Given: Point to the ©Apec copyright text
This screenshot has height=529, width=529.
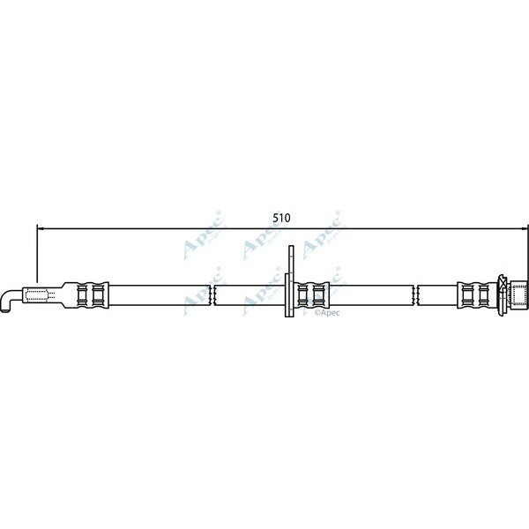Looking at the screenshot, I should coord(326,311).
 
